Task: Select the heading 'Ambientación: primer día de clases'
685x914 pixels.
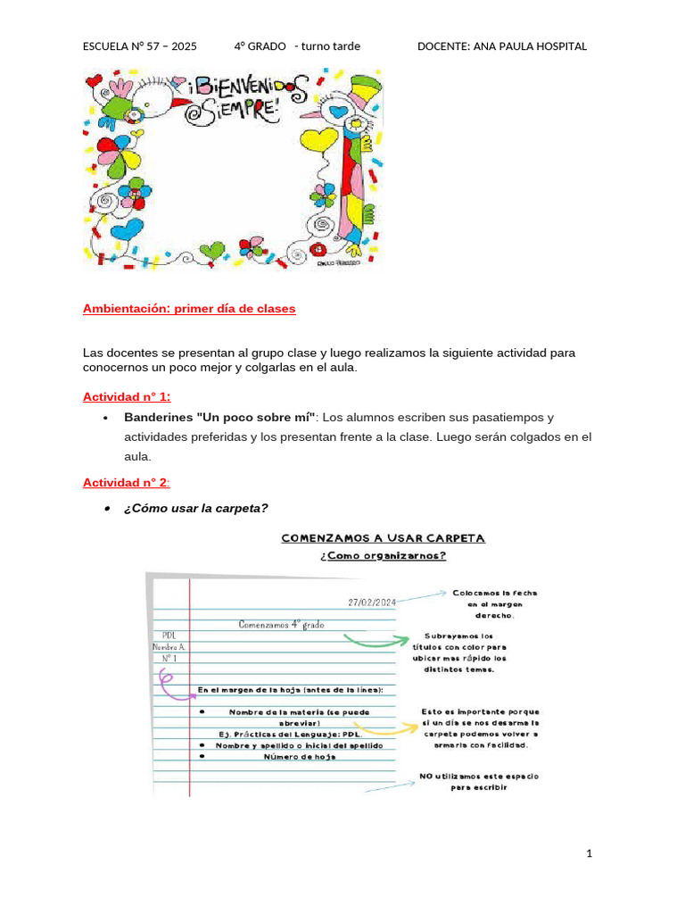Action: [188, 309]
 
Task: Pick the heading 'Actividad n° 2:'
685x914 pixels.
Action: [126, 483]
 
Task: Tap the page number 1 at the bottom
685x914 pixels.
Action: [590, 853]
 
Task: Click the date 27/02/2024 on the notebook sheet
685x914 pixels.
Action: [372, 602]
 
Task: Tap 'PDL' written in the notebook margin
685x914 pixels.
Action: [169, 635]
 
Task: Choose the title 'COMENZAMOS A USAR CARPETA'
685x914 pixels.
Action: [383, 538]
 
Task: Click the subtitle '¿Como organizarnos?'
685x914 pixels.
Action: [383, 555]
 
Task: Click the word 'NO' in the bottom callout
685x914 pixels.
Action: [426, 777]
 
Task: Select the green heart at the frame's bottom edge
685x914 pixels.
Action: [212, 251]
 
